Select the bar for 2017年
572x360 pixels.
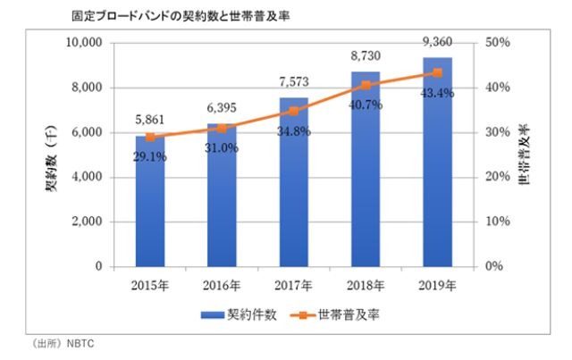point(293,188)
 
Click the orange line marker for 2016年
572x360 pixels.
point(222,128)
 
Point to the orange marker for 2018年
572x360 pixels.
point(366,85)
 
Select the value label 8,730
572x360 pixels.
point(366,54)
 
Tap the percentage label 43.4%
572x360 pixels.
point(438,93)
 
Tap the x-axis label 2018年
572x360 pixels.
point(366,287)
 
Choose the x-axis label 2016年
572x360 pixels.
point(222,287)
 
